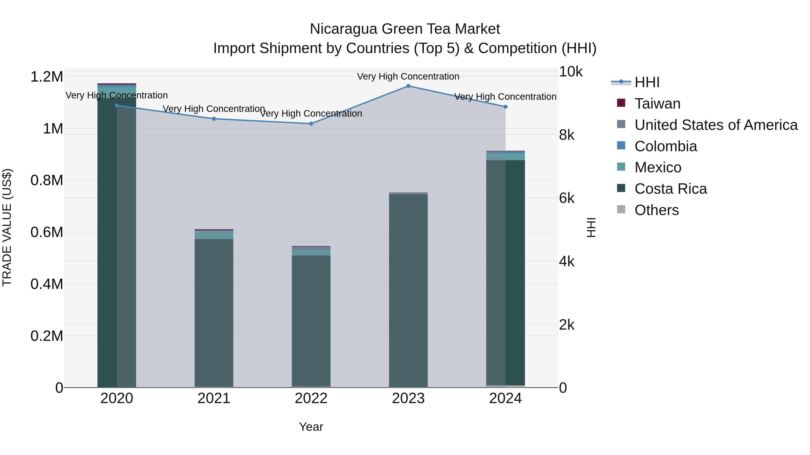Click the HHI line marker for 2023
pyautogui.click(x=408, y=86)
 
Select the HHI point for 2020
pyautogui.click(x=117, y=106)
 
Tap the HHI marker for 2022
pyautogui.click(x=311, y=124)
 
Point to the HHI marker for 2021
pyautogui.click(x=214, y=119)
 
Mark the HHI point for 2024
pyautogui.click(x=505, y=107)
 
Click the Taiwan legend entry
pyautogui.click(x=657, y=104)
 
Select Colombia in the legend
pyautogui.click(x=665, y=146)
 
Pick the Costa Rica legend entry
pyautogui.click(x=670, y=189)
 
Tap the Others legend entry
pyautogui.click(x=657, y=210)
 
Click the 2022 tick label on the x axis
pyautogui.click(x=311, y=398)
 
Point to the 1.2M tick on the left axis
pyautogui.click(x=47, y=77)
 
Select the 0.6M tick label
pyautogui.click(x=47, y=232)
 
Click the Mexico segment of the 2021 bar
pyautogui.click(x=214, y=235)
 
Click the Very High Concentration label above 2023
pyautogui.click(x=408, y=76)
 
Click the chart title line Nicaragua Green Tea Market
pyautogui.click(x=405, y=29)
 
